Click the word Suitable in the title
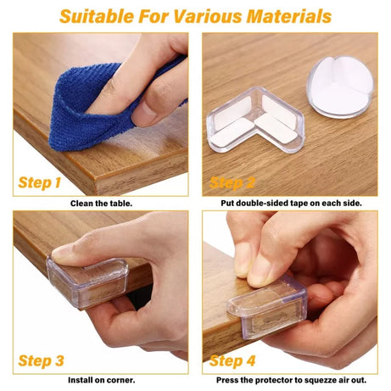pos(96,15)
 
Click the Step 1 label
pos(40,182)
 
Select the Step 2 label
pos(232,182)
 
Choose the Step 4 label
pos(233,360)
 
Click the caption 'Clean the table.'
pos(99,204)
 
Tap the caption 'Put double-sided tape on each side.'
pos(290,204)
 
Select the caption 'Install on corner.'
pos(99,381)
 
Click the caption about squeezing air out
pos(290,381)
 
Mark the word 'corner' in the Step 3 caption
pos(120,381)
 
